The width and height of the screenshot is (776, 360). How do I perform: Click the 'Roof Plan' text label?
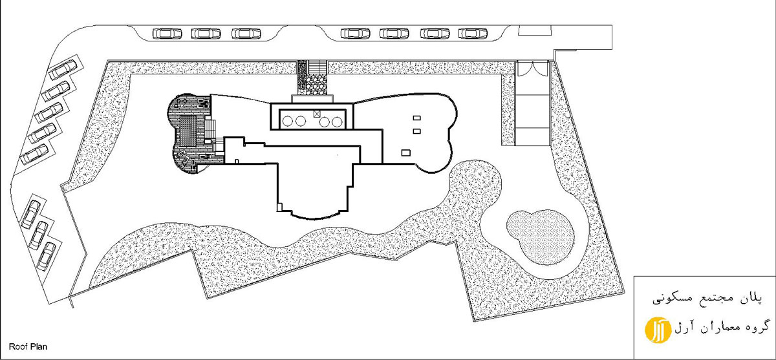point(28,346)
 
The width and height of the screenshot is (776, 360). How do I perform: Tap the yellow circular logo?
point(658,330)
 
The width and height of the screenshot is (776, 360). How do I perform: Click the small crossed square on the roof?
point(317,114)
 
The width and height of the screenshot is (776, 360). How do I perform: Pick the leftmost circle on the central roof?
point(288,121)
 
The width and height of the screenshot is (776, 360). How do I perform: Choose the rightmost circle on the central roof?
point(337,122)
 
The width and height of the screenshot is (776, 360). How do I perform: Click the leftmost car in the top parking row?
point(167,34)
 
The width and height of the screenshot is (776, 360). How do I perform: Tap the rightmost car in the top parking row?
point(473,34)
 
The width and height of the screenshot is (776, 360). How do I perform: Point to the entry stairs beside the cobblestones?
point(318,67)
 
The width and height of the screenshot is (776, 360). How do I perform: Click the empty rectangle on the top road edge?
point(535,30)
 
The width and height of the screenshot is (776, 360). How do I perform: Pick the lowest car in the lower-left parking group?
point(47,257)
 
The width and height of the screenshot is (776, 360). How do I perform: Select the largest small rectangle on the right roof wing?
point(406,153)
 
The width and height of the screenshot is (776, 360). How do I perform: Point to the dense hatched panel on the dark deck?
point(188,132)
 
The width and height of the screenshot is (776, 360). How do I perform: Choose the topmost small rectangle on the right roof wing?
point(416,118)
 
